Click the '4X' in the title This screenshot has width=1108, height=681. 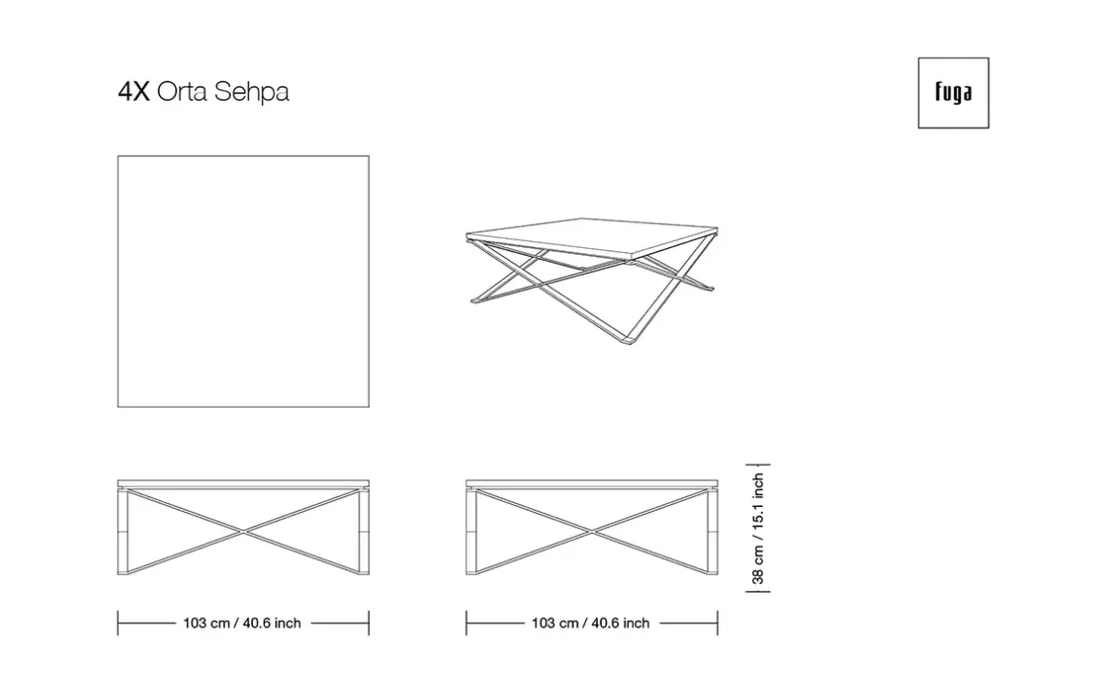[133, 91]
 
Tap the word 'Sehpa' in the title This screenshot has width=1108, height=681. [251, 91]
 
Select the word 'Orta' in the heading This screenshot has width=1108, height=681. [182, 91]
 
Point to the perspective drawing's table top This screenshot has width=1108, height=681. [592, 236]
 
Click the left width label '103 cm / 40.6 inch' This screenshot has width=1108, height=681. [242, 623]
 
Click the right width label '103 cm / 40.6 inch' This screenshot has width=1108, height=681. [591, 623]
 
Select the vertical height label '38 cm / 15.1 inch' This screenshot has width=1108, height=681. [758, 528]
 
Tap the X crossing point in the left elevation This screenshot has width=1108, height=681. [243, 530]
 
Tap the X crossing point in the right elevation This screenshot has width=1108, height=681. [592, 530]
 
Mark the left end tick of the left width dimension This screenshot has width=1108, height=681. [118, 623]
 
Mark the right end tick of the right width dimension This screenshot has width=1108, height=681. [718, 623]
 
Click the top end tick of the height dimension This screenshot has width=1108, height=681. [758, 465]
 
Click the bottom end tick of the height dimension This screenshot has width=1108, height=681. [758, 591]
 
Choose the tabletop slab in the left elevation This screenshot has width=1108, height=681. [243, 484]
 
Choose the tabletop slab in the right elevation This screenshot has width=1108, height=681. [592, 484]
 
